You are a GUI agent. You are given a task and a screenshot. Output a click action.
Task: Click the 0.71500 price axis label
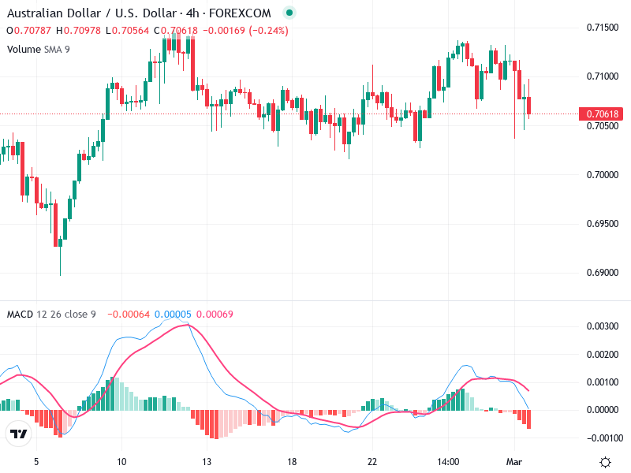603,28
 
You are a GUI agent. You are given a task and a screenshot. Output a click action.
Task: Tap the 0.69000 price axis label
603,273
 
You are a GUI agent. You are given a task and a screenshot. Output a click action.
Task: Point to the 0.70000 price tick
603,174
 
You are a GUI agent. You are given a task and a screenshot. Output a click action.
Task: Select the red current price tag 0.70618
603,114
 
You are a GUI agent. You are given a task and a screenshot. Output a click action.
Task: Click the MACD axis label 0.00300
603,326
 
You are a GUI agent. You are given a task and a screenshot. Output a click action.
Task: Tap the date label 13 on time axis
206,461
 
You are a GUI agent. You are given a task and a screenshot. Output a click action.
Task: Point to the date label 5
35,461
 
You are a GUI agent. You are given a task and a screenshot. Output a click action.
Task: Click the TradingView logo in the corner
18,434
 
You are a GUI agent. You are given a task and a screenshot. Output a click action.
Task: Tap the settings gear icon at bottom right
606,462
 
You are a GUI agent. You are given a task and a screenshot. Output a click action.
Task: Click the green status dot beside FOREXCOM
289,13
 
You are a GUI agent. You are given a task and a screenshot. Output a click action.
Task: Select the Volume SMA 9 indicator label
38,49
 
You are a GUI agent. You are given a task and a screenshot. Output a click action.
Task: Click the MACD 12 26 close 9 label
51,315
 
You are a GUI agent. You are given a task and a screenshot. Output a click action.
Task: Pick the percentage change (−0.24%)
268,31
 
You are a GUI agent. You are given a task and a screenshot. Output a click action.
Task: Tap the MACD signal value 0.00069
215,315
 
